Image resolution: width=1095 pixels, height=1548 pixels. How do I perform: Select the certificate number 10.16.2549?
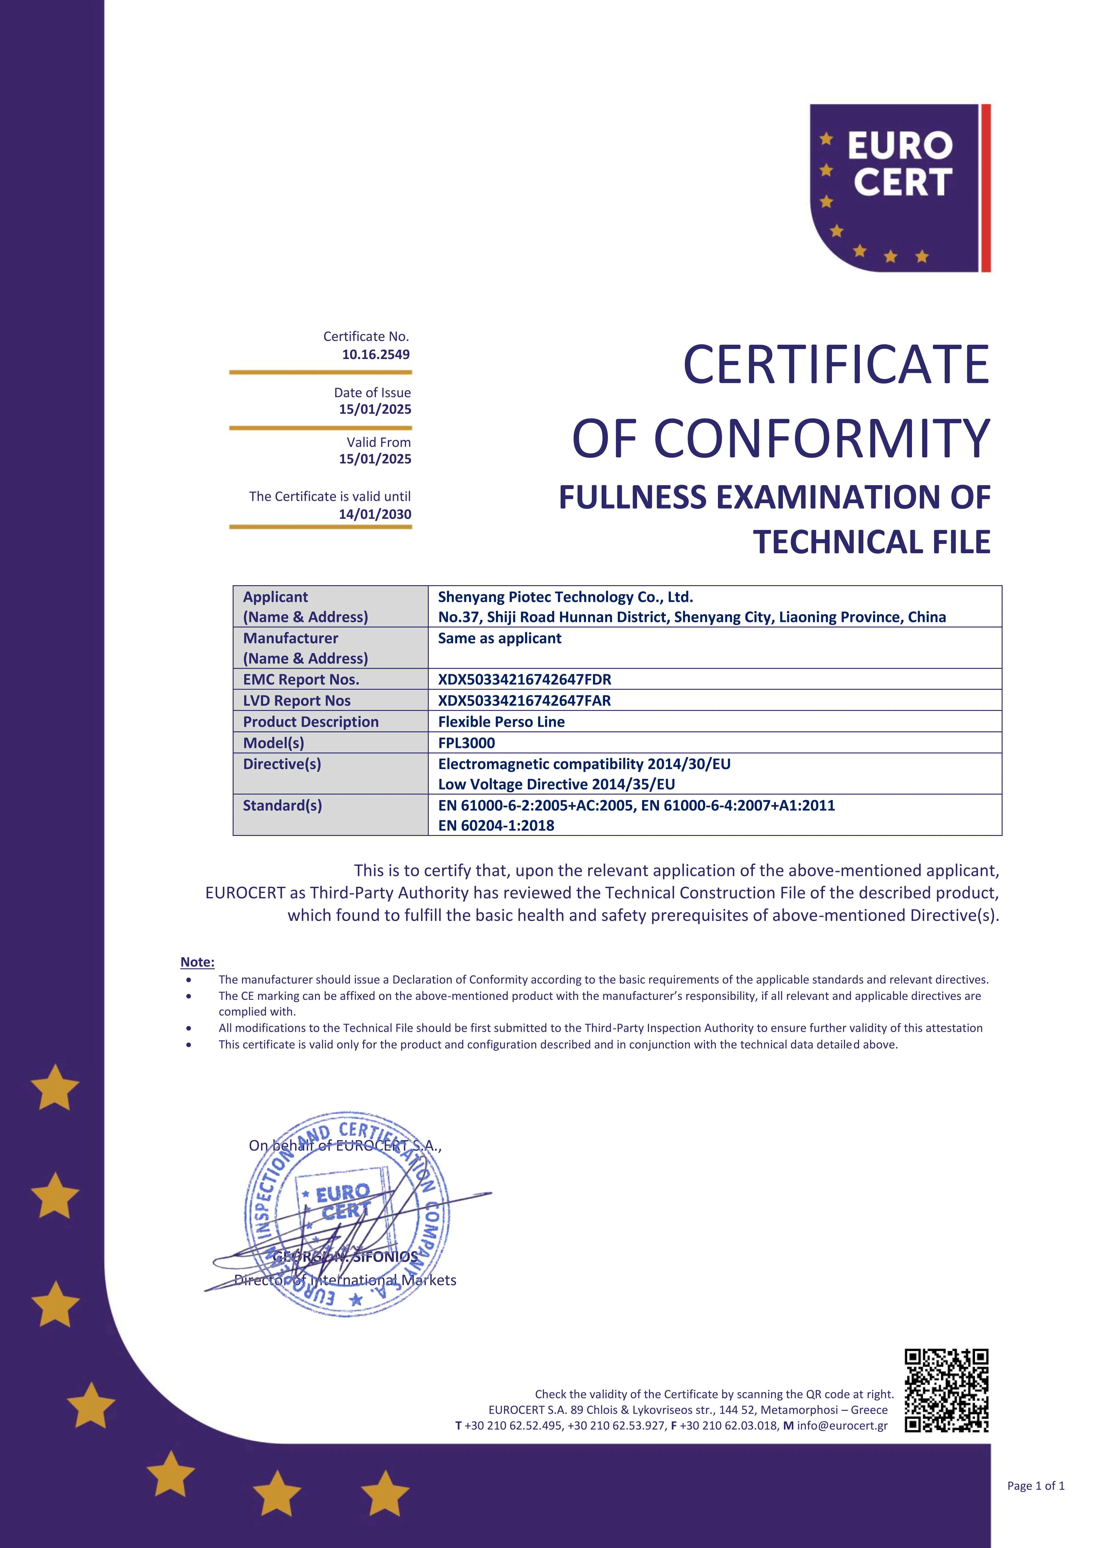(x=376, y=355)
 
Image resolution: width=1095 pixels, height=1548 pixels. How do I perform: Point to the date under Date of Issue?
(x=375, y=409)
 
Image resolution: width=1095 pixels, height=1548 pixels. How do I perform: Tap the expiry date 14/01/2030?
(x=375, y=514)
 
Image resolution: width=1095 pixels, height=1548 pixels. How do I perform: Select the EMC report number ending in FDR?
(x=525, y=680)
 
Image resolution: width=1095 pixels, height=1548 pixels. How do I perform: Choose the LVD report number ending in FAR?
(x=525, y=701)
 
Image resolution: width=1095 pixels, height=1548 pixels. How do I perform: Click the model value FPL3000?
(x=467, y=743)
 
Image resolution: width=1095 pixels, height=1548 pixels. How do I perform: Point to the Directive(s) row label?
(x=282, y=764)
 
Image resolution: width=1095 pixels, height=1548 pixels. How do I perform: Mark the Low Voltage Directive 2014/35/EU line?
(x=556, y=784)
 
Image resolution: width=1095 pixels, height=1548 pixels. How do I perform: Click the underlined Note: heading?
(x=197, y=962)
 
